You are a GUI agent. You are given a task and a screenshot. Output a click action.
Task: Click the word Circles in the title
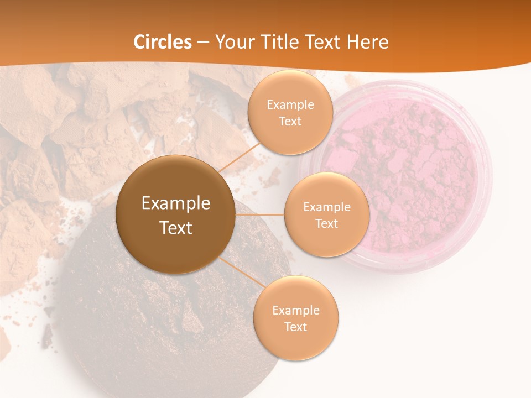click(x=163, y=42)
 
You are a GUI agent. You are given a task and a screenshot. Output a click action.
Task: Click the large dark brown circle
click(x=175, y=182)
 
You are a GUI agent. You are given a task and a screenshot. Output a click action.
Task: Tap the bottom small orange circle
click(x=295, y=343)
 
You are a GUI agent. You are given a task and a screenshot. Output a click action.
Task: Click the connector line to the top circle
click(x=239, y=158)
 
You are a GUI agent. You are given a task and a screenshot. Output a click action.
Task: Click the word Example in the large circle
click(x=176, y=203)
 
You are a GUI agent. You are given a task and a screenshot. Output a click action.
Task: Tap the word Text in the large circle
click(x=176, y=228)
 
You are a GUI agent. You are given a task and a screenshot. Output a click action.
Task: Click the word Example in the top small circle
click(x=290, y=105)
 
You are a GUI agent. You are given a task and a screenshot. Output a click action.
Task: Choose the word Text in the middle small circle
click(x=326, y=223)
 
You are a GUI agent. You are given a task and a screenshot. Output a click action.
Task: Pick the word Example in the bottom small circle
click(x=295, y=311)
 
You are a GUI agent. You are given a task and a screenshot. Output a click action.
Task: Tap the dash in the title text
click(x=203, y=43)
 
